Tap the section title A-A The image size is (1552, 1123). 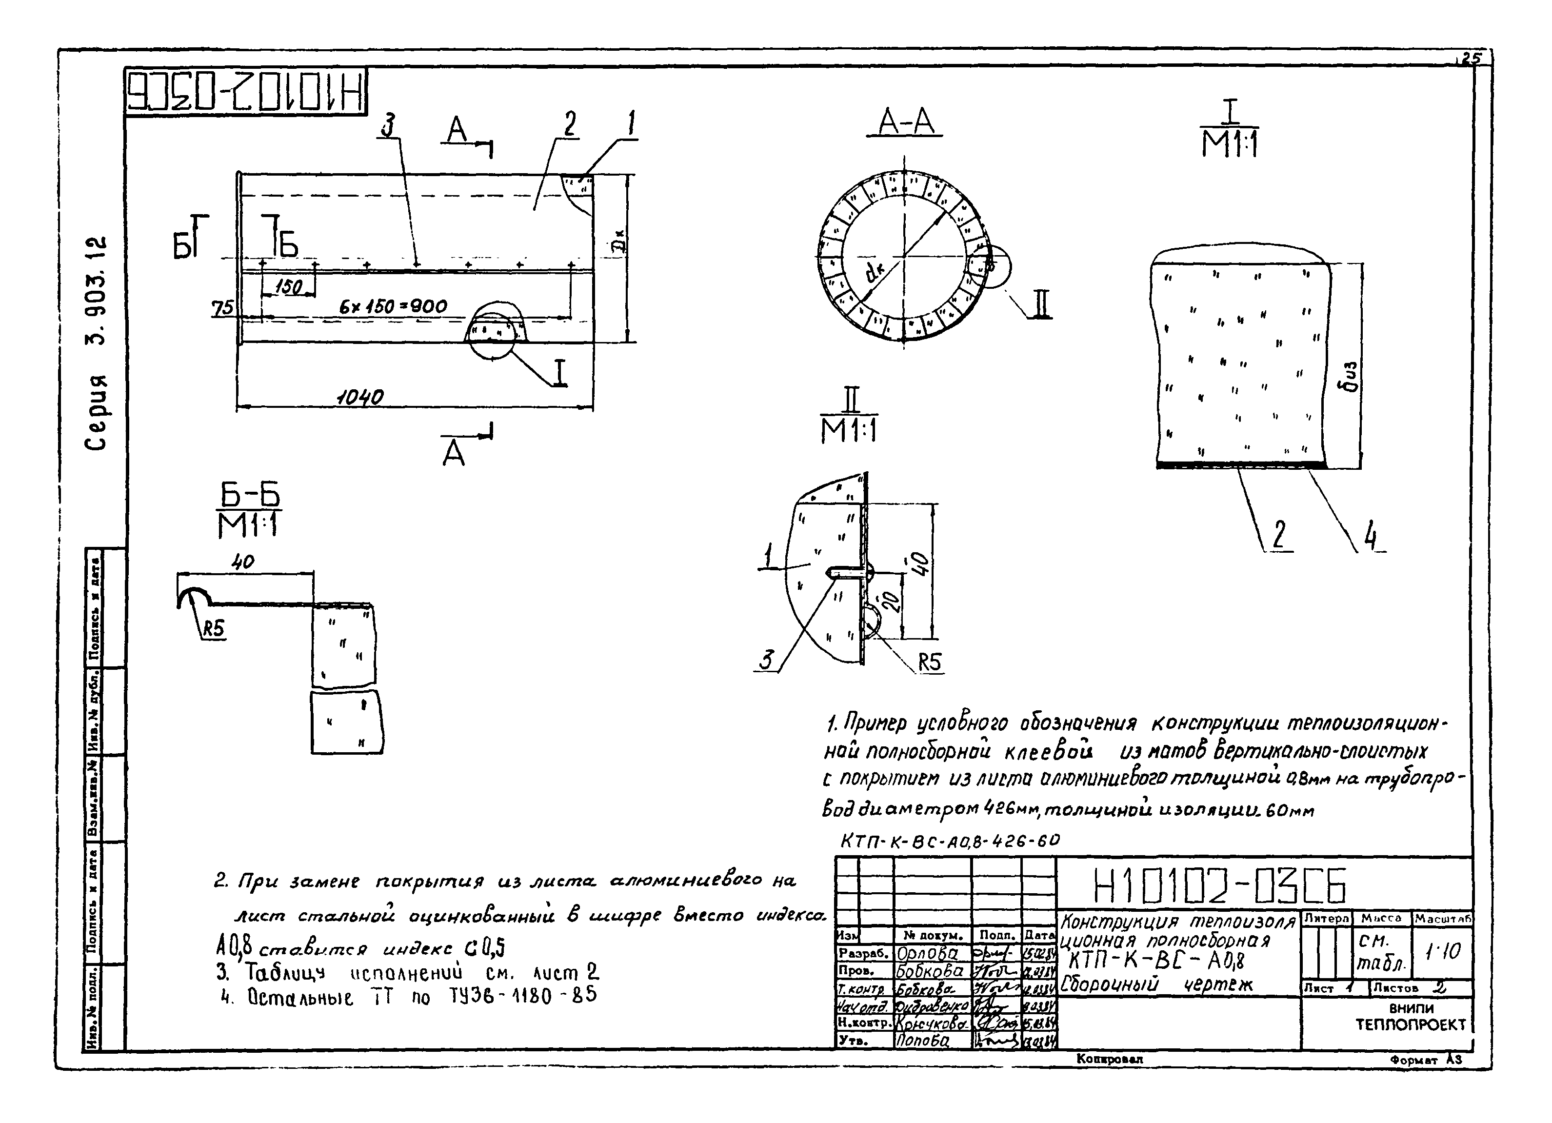905,123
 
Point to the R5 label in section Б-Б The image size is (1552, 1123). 213,628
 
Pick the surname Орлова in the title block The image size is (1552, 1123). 927,953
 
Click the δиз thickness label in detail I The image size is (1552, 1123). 1350,377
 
